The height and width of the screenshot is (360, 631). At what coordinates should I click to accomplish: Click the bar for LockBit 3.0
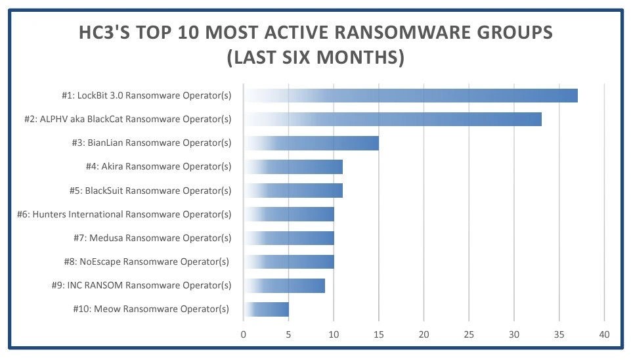pos(410,95)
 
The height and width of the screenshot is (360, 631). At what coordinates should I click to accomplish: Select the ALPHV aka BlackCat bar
pos(393,119)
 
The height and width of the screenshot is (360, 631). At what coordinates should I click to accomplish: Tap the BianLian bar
pos(311,143)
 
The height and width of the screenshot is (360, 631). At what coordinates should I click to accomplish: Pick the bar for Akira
pos(293,167)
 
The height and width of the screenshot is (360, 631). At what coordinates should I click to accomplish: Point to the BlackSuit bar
pos(293,191)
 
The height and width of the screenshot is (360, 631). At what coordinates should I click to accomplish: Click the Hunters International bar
pos(289,214)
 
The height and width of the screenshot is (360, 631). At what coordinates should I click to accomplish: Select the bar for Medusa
pos(289,238)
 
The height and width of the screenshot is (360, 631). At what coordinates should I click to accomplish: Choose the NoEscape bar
pos(289,261)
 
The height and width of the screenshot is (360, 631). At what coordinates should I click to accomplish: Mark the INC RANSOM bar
pos(284,286)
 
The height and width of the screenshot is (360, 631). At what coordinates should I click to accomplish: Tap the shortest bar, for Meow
pos(266,309)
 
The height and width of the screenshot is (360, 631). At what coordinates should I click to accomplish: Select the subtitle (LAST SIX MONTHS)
pos(315,58)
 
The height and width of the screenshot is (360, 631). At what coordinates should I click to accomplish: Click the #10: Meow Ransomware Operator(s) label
pos(151,309)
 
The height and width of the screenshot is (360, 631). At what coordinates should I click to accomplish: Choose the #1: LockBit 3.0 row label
pos(146,95)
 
